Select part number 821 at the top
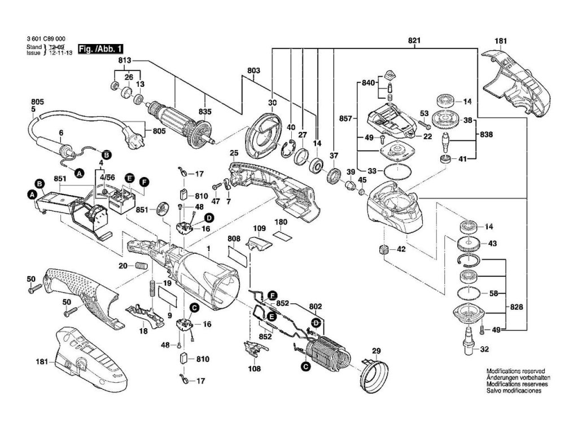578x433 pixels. click(x=414, y=42)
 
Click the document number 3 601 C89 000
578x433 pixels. click(x=45, y=39)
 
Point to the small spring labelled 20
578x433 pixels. click(x=141, y=266)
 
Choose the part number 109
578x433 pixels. click(x=259, y=229)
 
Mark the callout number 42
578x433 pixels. click(x=401, y=249)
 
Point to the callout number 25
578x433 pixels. click(x=234, y=153)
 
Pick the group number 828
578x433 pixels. click(x=517, y=307)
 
